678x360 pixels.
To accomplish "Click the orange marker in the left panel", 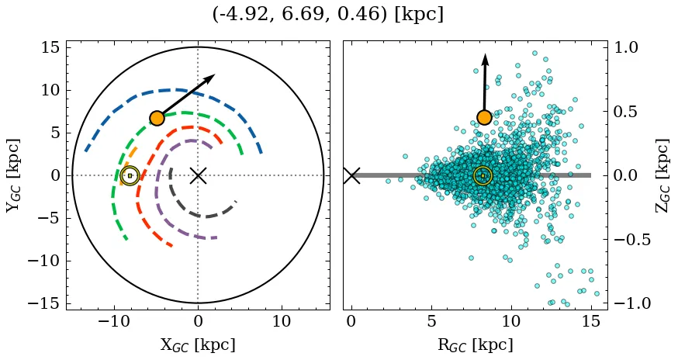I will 157,118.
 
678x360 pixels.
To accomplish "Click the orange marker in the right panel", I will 484,117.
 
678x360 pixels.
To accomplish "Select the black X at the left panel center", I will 198,175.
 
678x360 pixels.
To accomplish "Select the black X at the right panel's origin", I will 351,175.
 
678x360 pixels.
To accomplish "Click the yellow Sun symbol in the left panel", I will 130,176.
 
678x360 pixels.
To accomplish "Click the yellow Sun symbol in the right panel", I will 483,176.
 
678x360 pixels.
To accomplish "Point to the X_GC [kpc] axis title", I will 198,344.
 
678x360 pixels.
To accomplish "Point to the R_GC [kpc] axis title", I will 475,344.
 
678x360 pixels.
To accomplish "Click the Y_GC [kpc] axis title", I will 13,175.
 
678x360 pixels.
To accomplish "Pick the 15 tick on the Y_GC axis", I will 50,48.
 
